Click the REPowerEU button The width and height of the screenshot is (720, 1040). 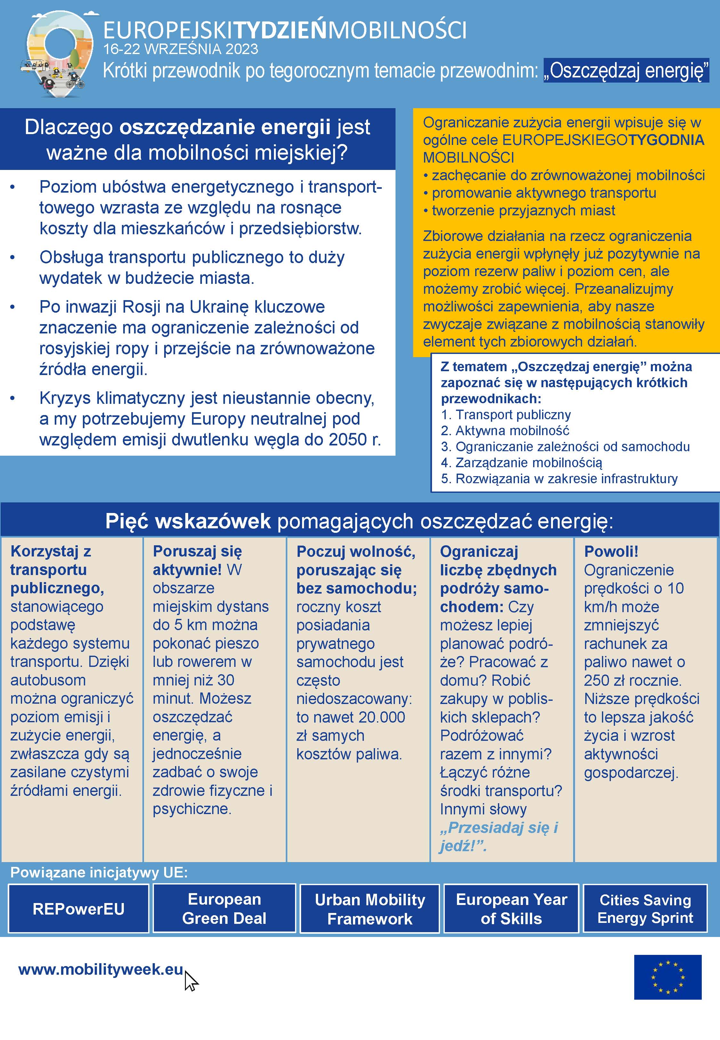tap(78, 908)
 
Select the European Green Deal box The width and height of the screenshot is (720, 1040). tap(224, 908)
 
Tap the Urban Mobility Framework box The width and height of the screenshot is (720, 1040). tap(370, 909)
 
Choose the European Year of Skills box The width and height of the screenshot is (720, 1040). tap(511, 909)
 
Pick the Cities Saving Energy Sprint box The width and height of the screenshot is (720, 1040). tap(645, 908)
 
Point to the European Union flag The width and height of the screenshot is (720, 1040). tap(667, 977)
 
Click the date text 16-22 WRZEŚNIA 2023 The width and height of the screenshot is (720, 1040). tap(180, 49)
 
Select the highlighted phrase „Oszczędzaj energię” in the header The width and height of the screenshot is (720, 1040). tap(626, 71)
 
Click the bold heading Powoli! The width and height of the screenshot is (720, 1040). tap(611, 551)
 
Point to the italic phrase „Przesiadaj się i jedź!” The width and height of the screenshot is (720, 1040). tap(499, 836)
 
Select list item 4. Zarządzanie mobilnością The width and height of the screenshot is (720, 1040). tap(522, 462)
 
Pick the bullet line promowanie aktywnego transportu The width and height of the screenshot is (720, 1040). tap(544, 193)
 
